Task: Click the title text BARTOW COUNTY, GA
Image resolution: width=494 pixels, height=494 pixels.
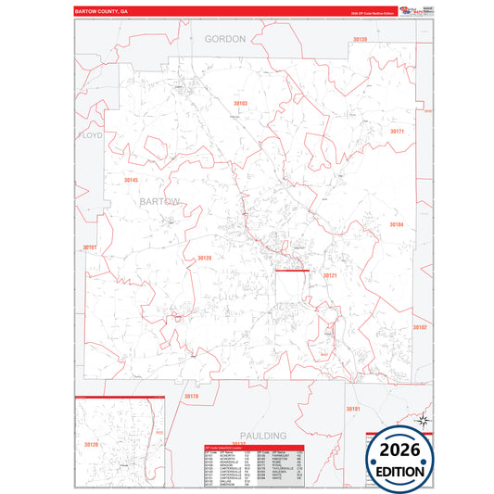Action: [107, 12]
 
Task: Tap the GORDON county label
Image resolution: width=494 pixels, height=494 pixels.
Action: [225, 39]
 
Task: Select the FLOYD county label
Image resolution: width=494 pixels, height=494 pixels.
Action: [90, 135]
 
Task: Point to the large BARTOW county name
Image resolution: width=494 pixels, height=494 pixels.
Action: [159, 200]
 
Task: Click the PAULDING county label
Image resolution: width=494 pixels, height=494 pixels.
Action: [261, 435]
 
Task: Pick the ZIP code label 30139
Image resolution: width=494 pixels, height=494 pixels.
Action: [360, 39]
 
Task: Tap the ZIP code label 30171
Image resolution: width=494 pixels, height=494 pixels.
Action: [397, 132]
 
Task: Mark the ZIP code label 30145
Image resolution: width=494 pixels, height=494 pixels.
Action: [131, 179]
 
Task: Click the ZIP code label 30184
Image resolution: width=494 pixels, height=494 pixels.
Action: [396, 224]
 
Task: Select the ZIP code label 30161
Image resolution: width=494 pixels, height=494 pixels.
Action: [89, 247]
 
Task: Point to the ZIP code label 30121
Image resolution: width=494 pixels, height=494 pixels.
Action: [330, 276]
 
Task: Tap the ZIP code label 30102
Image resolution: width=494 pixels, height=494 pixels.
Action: [420, 327]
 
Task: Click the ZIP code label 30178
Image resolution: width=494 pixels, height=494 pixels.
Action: [192, 396]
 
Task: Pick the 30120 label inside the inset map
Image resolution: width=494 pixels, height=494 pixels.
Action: [91, 445]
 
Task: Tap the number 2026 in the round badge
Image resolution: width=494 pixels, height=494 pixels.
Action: [400, 450]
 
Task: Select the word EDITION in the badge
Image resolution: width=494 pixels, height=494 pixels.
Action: [400, 471]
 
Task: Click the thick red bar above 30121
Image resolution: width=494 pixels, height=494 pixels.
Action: [291, 271]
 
